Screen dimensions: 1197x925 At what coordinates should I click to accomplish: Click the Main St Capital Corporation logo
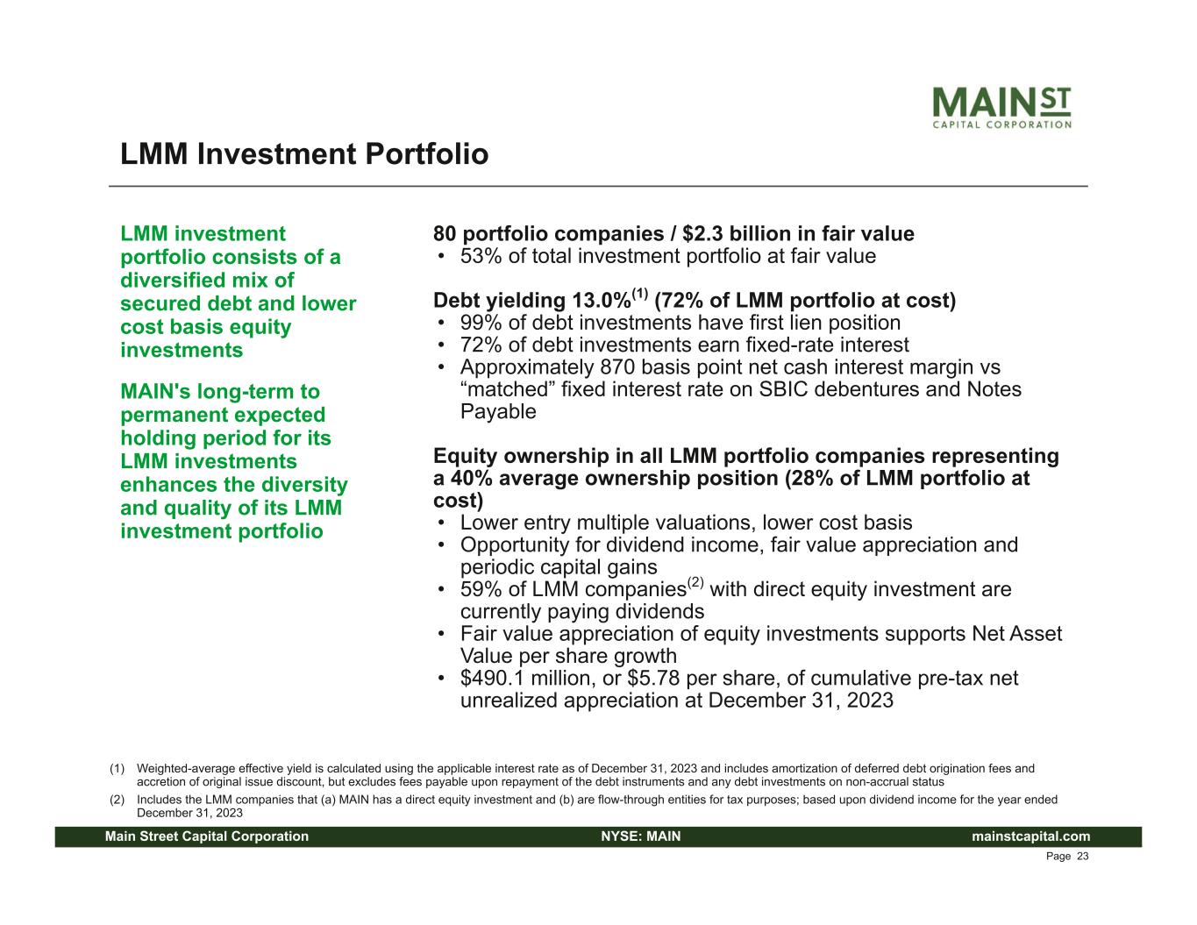pos(1001,107)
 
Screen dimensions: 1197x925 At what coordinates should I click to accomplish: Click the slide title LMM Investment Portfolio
pos(304,153)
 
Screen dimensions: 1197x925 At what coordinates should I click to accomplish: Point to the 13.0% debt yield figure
pos(602,301)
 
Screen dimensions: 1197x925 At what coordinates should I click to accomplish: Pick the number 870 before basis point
pos(617,367)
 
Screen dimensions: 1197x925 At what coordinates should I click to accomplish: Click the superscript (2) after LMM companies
pos(695,582)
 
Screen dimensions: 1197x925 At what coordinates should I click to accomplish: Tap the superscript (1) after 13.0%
pos(641,294)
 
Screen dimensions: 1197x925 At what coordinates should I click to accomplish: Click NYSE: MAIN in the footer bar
pos(641,836)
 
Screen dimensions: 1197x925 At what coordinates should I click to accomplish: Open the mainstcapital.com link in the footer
pos(1030,836)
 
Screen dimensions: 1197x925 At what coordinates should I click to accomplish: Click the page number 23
pos(1083,857)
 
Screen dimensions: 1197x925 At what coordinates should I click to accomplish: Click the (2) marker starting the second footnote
pos(118,800)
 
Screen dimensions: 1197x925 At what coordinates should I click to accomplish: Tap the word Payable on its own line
pos(498,412)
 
